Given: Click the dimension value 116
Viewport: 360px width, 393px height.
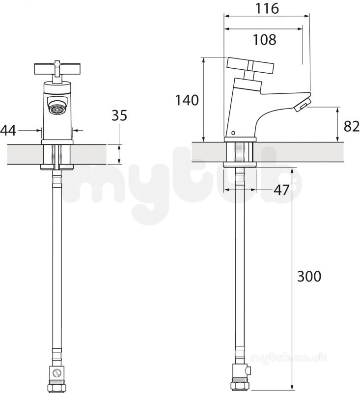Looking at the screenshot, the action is (x=267, y=8).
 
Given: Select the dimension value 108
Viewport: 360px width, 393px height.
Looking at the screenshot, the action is (x=265, y=40).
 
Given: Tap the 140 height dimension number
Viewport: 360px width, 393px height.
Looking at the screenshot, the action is (x=187, y=100).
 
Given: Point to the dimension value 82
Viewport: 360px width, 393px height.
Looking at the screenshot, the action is (x=352, y=126).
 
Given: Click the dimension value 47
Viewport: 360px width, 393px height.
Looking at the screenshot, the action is (x=281, y=190).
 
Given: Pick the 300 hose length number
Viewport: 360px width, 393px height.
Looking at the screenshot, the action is (x=309, y=277).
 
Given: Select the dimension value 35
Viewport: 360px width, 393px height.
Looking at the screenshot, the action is (x=119, y=115).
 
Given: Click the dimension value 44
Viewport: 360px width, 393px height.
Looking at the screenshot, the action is (x=8, y=131).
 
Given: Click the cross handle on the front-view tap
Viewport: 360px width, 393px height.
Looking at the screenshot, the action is (x=57, y=69).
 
